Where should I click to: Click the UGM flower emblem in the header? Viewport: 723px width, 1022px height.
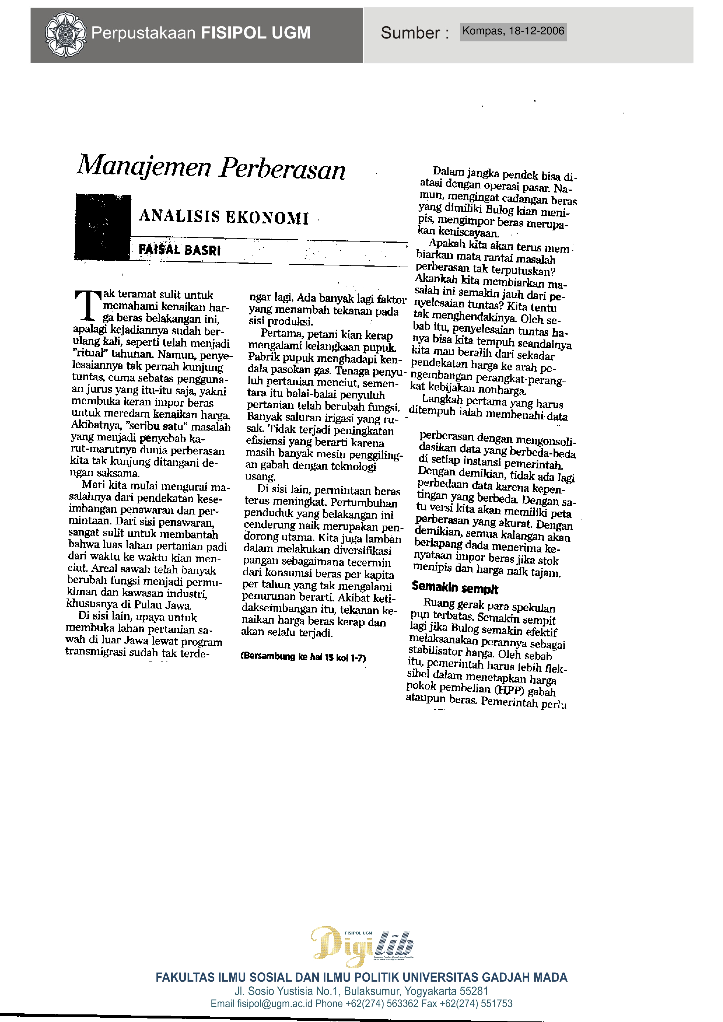[65, 34]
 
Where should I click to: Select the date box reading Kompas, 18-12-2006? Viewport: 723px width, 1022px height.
[513, 32]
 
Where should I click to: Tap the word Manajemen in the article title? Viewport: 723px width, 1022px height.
[144, 166]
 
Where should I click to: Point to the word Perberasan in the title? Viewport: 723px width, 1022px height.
[282, 169]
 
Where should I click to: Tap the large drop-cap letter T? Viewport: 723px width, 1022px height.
[88, 305]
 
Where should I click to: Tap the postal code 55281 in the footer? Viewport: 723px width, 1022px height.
[474, 991]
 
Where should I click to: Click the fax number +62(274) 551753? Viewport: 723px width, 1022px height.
[476, 1004]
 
